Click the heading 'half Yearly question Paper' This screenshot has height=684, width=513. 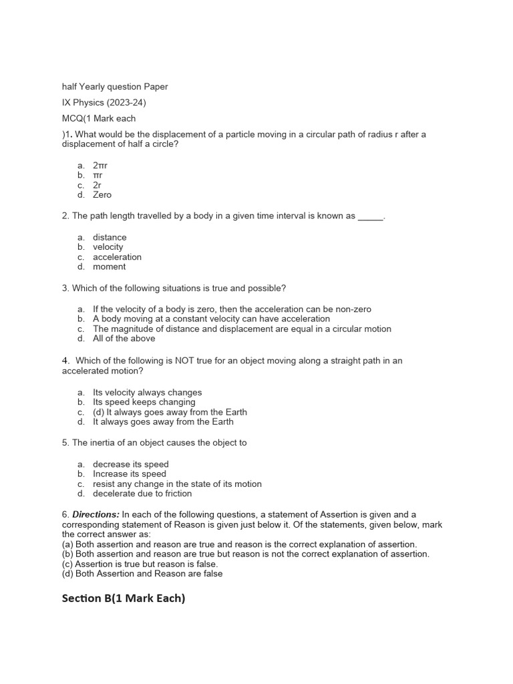115,86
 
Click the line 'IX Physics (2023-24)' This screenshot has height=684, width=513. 104,102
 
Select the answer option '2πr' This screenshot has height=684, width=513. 100,164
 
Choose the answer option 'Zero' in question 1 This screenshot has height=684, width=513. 102,195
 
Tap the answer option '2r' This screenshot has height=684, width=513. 98,185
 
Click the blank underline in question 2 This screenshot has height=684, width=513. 371,217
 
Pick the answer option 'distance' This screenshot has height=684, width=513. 110,237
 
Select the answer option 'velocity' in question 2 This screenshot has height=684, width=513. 108,247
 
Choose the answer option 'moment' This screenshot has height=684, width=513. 109,267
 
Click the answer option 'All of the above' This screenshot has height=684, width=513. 124,339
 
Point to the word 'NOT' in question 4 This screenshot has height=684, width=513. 186,361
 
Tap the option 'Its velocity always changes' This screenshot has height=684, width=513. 147,393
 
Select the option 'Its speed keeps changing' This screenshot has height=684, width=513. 144,402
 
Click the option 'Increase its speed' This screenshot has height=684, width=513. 130,474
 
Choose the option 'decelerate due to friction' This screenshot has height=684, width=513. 142,494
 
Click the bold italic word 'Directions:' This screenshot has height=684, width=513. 96,515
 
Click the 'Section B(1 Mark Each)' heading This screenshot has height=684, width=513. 124,598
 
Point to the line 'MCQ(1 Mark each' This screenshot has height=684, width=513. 99,118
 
